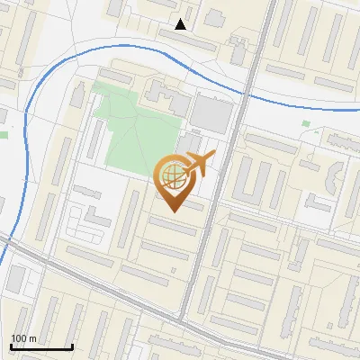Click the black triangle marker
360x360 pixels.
coord(181,24)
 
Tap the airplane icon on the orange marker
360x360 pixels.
coord(197,165)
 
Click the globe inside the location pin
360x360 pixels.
coord(172,177)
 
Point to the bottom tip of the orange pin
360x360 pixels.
coord(173,211)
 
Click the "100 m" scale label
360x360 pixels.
coord(23,338)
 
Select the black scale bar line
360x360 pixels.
coord(40,346)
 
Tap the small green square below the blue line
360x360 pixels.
coord(306,123)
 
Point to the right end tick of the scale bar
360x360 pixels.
coord(72,346)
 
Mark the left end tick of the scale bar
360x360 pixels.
coord(10,346)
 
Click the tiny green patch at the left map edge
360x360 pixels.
coord(3,135)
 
